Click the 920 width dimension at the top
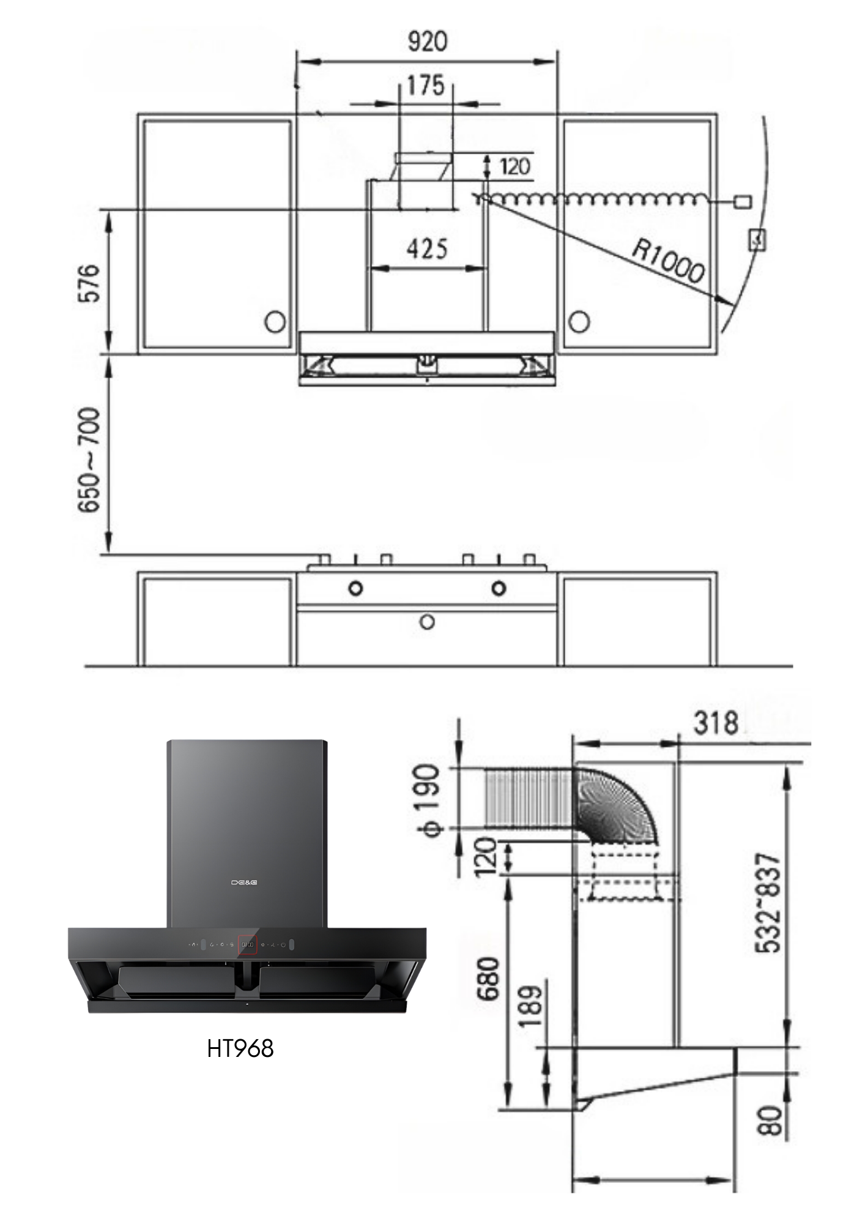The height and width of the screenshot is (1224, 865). (427, 41)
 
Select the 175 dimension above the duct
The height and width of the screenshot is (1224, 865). (426, 86)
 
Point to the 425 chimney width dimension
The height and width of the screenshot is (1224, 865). (427, 248)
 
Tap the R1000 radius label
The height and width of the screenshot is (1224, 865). (668, 261)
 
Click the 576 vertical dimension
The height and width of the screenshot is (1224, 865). (88, 283)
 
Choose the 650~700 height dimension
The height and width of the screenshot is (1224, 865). (89, 460)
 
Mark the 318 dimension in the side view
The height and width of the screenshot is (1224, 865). (716, 723)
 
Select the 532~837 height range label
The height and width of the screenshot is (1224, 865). (768, 903)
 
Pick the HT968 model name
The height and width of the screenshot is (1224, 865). (240, 1048)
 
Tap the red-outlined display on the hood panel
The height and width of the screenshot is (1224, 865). (247, 945)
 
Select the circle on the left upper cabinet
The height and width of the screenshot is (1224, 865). (275, 321)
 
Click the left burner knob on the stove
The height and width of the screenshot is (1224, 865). (355, 588)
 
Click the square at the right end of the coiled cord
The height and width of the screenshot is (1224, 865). (743, 201)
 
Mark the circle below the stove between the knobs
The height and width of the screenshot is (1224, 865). (427, 622)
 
